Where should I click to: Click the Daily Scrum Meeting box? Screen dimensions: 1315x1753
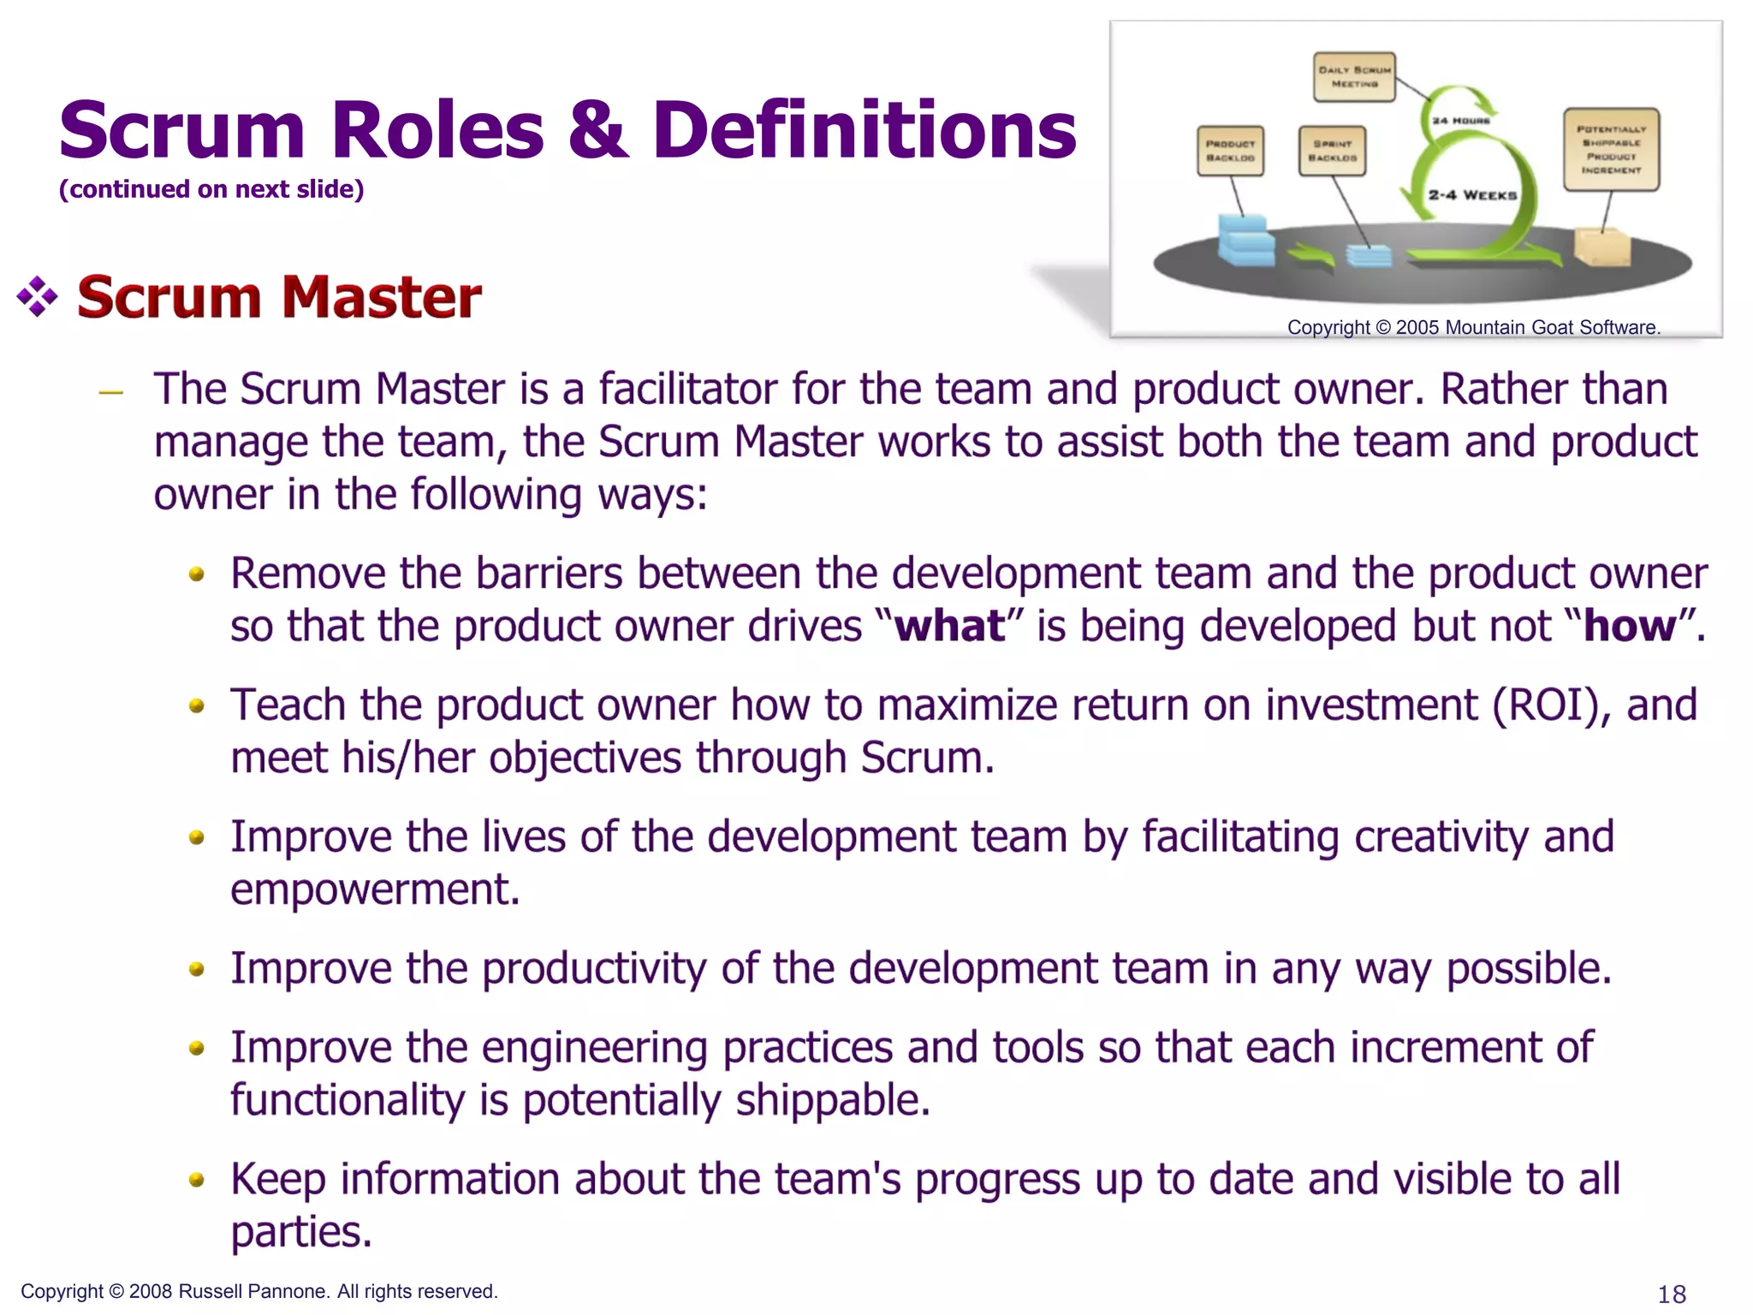(1354, 77)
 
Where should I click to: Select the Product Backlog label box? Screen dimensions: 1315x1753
(1230, 151)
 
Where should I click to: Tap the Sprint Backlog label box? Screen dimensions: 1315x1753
(1332, 151)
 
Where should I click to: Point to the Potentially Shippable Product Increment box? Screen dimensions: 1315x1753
(1611, 149)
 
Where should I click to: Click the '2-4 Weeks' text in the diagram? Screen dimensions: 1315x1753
(1472, 195)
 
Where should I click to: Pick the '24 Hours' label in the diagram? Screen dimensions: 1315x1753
(1461, 121)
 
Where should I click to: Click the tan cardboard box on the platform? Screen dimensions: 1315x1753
(1601, 247)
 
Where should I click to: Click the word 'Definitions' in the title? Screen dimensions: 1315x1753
(864, 130)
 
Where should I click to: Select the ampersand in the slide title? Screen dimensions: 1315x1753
(597, 130)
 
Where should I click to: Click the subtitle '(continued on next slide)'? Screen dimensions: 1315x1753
(211, 189)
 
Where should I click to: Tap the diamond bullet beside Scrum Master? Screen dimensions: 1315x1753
(37, 297)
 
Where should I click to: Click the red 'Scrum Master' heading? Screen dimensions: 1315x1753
(279, 297)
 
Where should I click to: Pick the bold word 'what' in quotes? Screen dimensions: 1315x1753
(949, 626)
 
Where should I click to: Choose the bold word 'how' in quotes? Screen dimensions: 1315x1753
(1629, 626)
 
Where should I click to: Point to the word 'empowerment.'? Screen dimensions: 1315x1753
(375, 890)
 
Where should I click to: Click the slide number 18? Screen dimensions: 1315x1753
(1672, 1294)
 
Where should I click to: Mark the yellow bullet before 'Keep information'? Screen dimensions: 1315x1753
(197, 1181)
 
